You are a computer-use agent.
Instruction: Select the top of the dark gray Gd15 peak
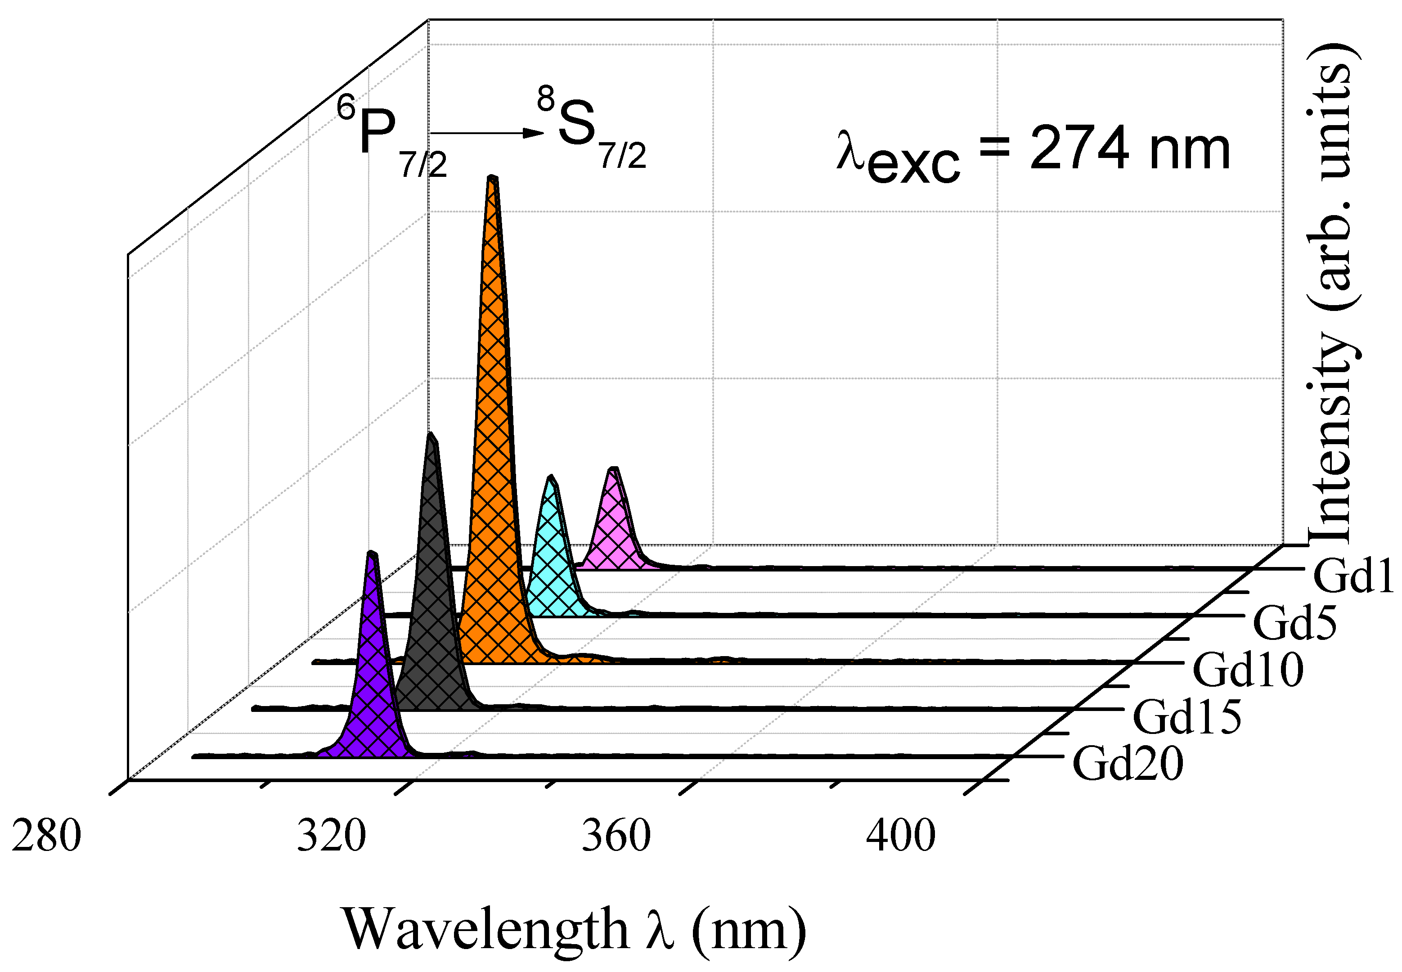pyautogui.click(x=431, y=436)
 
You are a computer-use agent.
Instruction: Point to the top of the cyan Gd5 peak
pyautogui.click(x=551, y=477)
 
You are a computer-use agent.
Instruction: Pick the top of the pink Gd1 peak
pyautogui.click(x=614, y=469)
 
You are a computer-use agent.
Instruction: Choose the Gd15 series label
pyautogui.click(x=1187, y=717)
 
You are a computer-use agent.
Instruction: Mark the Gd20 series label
pyautogui.click(x=1128, y=764)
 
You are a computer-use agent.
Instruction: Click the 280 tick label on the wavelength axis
pyautogui.click(x=46, y=836)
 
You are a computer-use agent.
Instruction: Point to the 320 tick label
pyautogui.click(x=331, y=836)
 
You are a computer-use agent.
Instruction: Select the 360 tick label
pyautogui.click(x=616, y=836)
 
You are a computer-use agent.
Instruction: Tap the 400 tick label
pyautogui.click(x=901, y=836)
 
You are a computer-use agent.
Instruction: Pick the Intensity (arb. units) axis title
pyautogui.click(x=1333, y=292)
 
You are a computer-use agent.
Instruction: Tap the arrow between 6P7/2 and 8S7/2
pyautogui.click(x=487, y=133)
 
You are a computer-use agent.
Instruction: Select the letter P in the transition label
pyautogui.click(x=377, y=131)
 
